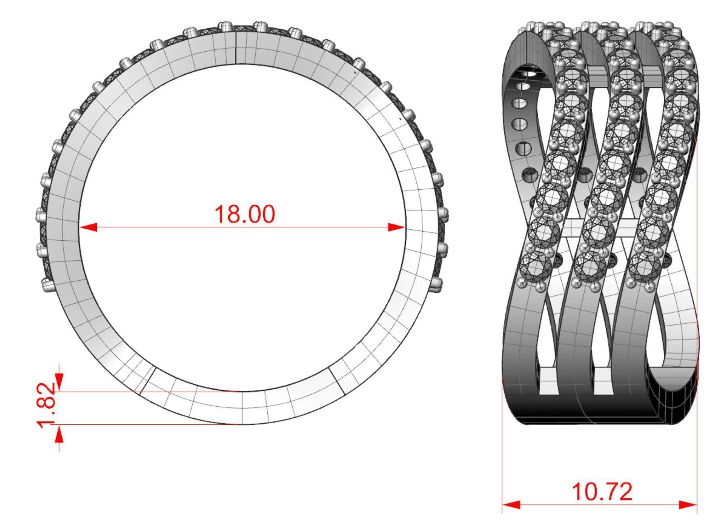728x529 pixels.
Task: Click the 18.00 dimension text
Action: point(245,214)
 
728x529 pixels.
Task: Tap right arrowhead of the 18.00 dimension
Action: point(396,227)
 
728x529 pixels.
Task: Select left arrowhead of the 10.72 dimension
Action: point(511,505)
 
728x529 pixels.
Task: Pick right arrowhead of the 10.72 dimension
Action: point(688,505)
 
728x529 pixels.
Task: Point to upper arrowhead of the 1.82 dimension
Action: point(59,380)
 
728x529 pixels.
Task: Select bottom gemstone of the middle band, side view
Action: point(591,265)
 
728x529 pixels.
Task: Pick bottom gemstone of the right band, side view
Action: point(645,264)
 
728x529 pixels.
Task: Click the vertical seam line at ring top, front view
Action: point(236,46)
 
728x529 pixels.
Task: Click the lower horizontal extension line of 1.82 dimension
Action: point(141,424)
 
